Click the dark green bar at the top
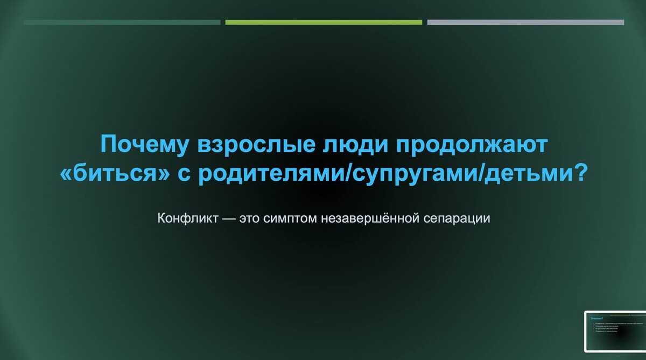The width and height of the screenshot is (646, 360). (122, 23)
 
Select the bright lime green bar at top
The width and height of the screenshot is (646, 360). (324, 23)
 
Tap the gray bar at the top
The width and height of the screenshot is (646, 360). (525, 23)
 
